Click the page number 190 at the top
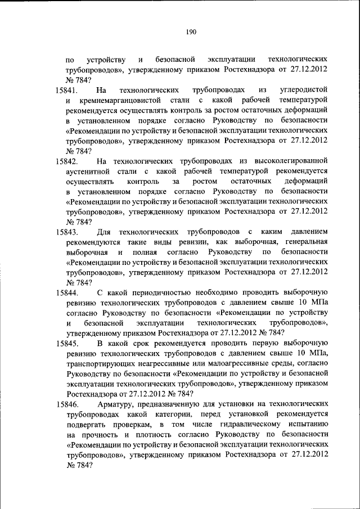(191, 32)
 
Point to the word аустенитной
(90, 172)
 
